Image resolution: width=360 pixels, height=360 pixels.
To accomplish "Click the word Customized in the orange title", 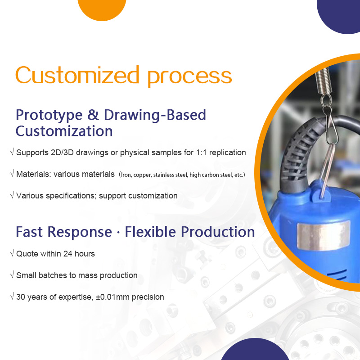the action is coord(77,75).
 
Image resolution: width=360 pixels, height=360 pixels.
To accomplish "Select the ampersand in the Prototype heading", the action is coord(93,115).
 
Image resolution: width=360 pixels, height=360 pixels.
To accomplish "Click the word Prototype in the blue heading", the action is coord(49,116).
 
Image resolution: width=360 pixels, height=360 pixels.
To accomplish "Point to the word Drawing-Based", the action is coord(155,116).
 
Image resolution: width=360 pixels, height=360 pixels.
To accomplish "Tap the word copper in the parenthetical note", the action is coord(142,175).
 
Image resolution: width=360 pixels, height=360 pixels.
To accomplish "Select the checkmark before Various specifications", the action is coord(12,195).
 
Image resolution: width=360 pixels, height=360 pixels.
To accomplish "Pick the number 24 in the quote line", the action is coord(68,254).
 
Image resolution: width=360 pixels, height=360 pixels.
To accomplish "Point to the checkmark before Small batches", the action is coord(12,274).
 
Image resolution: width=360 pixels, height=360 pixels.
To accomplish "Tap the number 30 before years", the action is coord(20,297).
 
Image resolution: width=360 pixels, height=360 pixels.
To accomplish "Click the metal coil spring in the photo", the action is coord(323,81).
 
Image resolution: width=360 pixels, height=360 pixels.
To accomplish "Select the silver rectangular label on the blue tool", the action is coord(324,235).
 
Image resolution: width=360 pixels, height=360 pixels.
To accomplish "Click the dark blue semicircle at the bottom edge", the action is coord(255,349).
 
